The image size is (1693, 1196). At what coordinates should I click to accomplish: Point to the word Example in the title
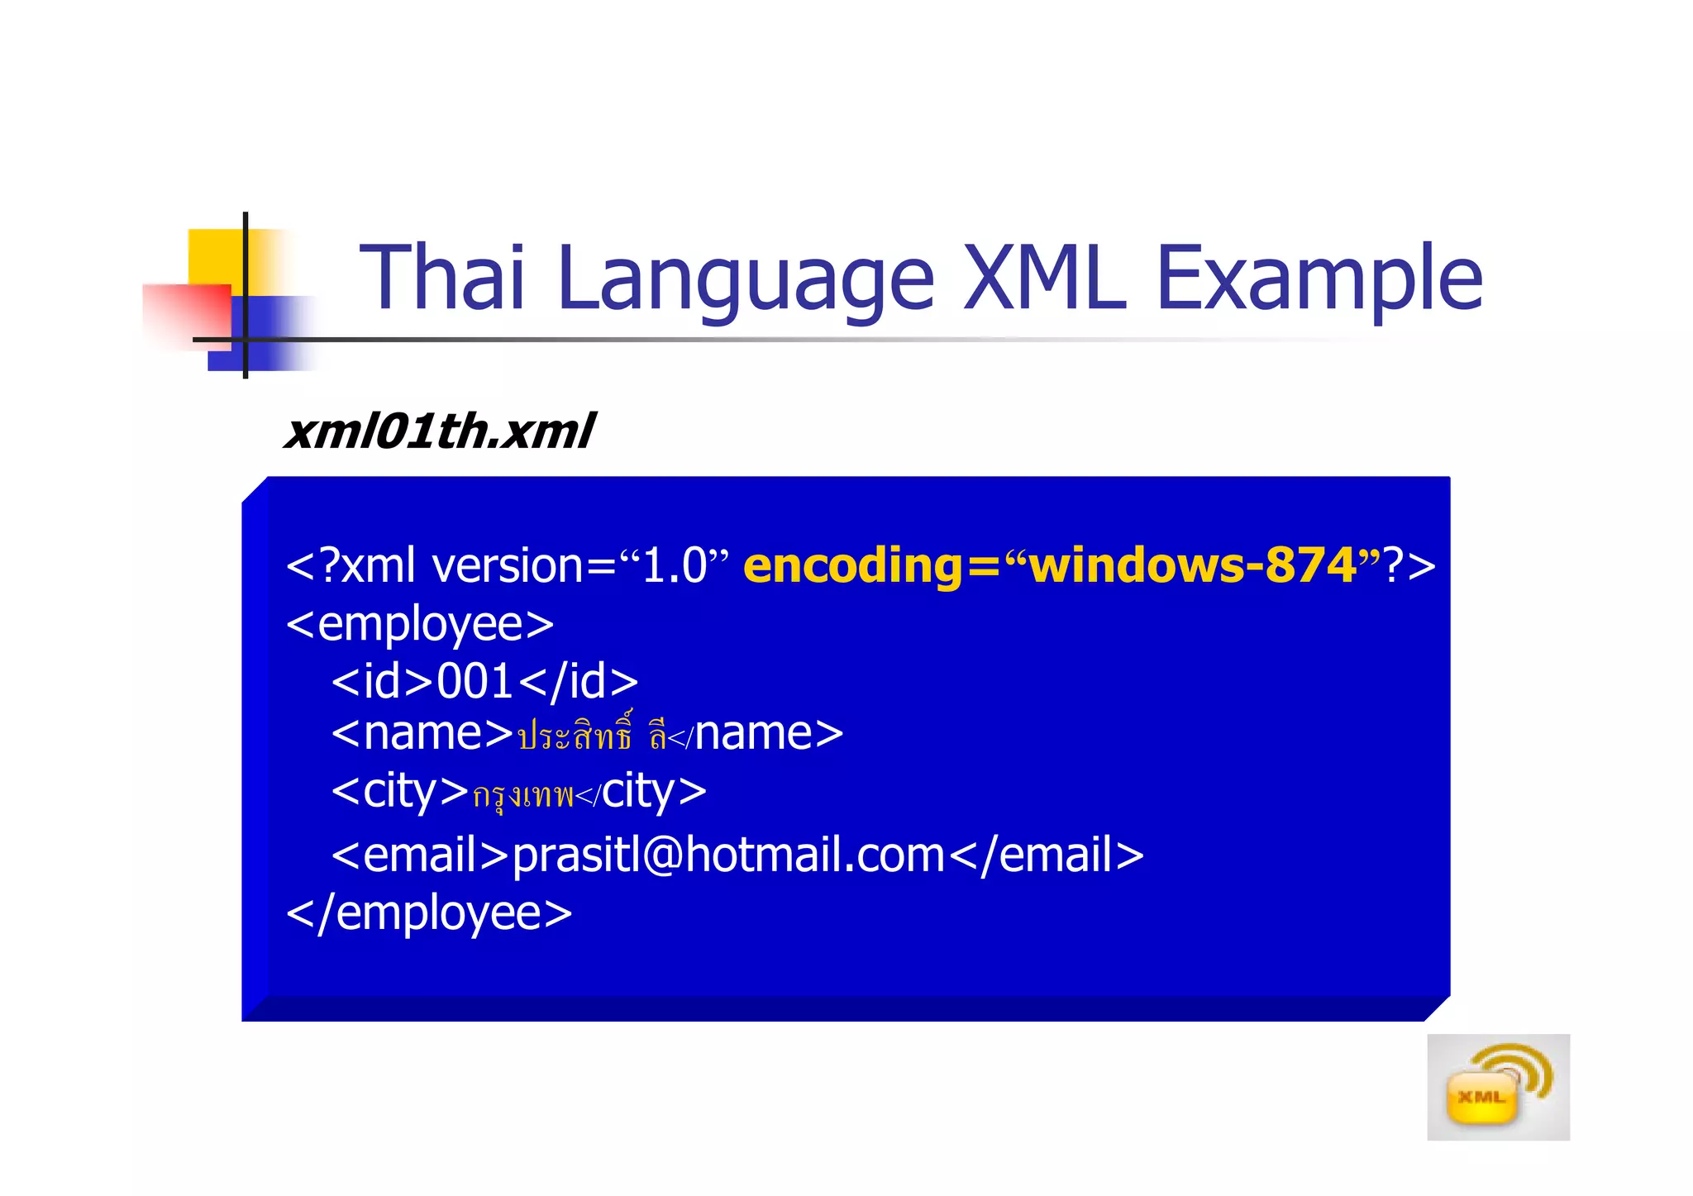click(1319, 279)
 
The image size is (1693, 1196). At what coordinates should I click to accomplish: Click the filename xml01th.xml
click(439, 431)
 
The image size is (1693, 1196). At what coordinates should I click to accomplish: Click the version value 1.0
click(674, 567)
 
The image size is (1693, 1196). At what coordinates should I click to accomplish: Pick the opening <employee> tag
click(420, 624)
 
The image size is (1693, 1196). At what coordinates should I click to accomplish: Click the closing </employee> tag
click(429, 913)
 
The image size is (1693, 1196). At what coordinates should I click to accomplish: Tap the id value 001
click(475, 682)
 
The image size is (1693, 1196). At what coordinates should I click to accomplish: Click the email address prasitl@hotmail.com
click(728, 855)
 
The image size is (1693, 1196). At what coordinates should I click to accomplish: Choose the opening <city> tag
click(400, 792)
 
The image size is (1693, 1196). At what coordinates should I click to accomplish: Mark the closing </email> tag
click(1047, 855)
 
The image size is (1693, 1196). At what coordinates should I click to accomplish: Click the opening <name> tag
click(422, 734)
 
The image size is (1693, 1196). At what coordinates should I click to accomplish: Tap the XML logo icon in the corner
click(1497, 1087)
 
